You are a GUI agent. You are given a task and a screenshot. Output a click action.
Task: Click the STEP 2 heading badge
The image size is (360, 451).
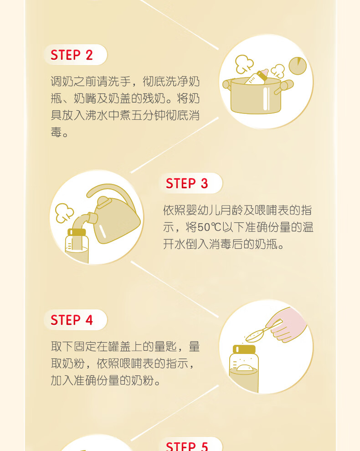[75, 55]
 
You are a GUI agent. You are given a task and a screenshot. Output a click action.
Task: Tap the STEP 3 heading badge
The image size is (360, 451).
[190, 183]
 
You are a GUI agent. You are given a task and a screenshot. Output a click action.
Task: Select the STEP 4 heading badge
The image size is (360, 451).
[75, 320]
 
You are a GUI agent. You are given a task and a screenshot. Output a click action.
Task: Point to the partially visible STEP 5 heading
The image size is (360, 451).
[190, 445]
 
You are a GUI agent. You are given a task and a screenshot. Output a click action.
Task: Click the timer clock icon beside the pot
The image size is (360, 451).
[298, 66]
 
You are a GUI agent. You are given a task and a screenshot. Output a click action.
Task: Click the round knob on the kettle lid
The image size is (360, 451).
[103, 202]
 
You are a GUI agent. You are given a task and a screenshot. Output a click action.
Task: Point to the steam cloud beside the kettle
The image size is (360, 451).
[64, 213]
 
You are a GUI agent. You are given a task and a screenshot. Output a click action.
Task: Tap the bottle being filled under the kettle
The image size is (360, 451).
[77, 246]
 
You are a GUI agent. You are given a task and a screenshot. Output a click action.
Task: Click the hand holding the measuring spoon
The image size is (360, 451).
[288, 325]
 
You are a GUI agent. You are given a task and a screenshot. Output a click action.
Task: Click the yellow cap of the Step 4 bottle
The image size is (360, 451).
[244, 349]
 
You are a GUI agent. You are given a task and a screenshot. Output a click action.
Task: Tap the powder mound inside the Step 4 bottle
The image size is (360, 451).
[245, 368]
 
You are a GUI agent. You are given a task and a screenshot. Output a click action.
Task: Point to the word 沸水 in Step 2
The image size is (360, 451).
[97, 115]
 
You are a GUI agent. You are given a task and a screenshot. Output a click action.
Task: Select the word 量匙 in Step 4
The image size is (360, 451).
[165, 347]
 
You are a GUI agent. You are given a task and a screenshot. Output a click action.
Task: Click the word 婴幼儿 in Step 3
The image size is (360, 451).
[203, 210]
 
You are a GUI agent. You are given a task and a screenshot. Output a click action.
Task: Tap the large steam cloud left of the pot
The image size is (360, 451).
[244, 64]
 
